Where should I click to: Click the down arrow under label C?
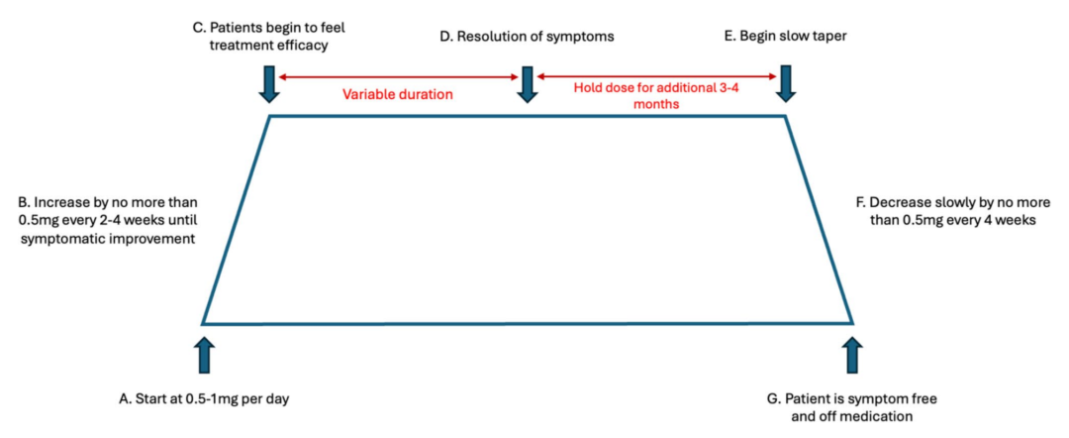click(x=269, y=84)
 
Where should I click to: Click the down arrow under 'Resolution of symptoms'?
click(x=526, y=84)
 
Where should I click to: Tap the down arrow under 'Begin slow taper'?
click(x=786, y=84)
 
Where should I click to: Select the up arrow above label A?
click(x=204, y=354)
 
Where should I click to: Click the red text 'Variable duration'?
click(x=398, y=95)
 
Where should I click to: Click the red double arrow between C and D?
click(x=398, y=76)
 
